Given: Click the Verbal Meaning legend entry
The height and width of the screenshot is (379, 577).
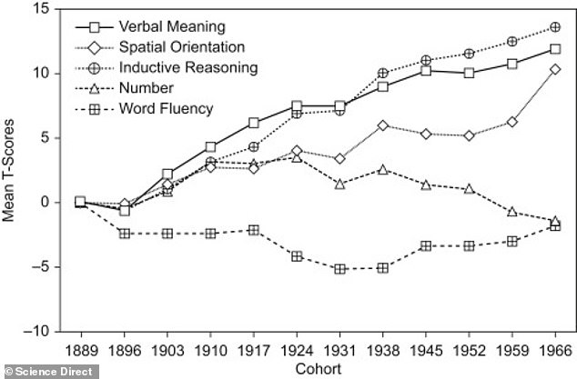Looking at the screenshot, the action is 150,27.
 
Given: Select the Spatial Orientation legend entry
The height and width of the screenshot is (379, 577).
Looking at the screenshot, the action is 159,47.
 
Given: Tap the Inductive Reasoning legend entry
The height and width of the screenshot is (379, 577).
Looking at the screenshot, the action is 167,68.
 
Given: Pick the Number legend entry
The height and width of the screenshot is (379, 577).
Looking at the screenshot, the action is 124,88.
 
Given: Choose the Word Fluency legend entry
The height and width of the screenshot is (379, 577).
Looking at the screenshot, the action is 144,109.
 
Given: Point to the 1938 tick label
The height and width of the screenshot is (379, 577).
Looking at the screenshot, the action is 383,351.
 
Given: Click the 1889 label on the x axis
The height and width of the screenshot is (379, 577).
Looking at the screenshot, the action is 81,351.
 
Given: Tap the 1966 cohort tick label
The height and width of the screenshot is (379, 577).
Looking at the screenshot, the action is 555,351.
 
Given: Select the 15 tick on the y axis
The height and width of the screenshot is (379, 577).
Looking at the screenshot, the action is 42,9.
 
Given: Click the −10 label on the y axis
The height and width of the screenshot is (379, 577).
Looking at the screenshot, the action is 36,331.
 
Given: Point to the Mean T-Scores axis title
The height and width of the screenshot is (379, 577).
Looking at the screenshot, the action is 8,170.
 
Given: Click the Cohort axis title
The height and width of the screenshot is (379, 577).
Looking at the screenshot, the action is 319,369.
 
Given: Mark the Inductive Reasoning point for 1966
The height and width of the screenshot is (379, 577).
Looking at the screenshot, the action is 555,27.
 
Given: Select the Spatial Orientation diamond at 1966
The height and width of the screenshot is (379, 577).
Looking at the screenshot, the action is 555,69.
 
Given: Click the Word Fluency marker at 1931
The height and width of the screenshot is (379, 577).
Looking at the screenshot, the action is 339,269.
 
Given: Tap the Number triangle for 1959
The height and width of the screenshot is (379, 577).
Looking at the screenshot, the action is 511,212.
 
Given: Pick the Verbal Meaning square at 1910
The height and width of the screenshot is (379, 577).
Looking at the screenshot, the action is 210,147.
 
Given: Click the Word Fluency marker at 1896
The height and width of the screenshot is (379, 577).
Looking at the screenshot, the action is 125,234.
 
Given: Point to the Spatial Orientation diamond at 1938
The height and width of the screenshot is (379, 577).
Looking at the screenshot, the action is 383,125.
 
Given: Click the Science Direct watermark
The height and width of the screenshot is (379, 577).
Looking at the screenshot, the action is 49,372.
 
